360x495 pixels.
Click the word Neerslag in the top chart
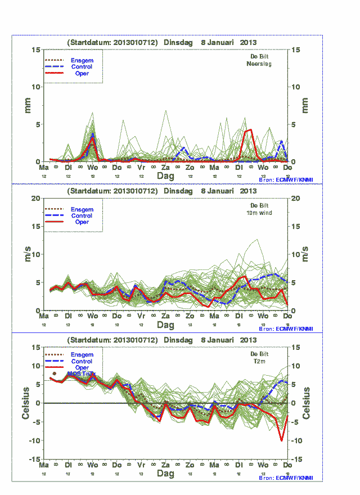point(259,64)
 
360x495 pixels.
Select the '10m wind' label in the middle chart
point(260,213)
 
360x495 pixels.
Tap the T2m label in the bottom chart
point(260,362)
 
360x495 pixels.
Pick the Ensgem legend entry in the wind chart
point(82,209)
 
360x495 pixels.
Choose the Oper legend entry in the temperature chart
point(82,368)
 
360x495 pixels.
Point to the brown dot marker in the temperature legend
point(54,373)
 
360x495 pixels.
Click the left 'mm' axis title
point(27,105)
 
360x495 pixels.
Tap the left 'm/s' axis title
point(27,254)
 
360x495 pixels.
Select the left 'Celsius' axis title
point(26,403)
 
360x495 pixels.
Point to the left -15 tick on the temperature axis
point(33,459)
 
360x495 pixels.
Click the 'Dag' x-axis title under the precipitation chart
point(166,176)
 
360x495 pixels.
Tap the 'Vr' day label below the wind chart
point(141,317)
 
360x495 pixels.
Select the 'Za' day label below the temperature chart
point(166,466)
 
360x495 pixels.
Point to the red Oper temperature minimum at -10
point(282,440)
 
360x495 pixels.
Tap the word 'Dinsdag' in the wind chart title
point(178,191)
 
